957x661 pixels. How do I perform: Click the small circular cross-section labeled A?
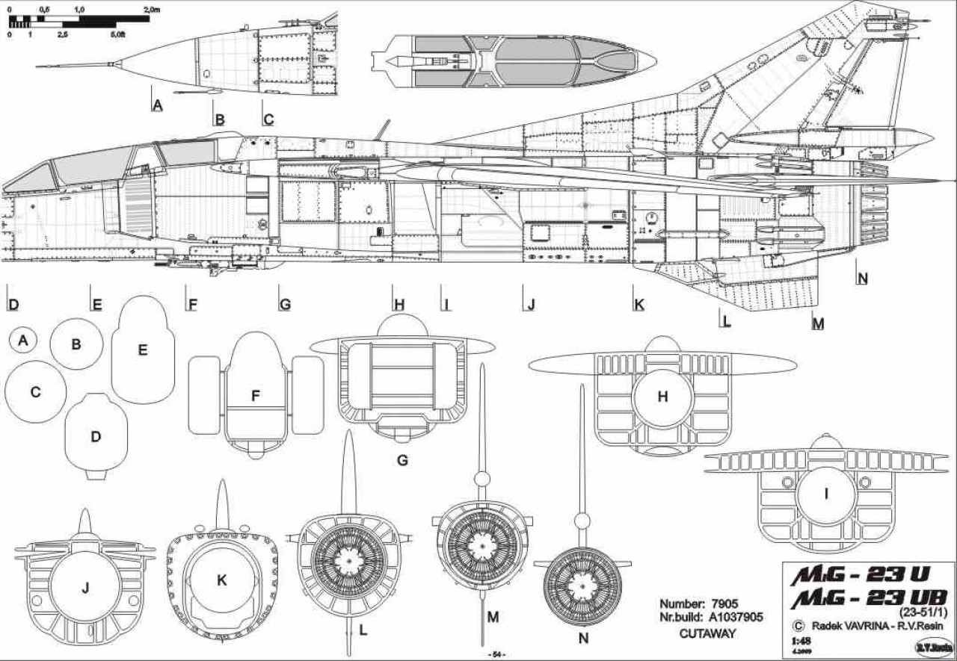tap(24, 341)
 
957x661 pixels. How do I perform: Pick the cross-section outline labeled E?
tap(143, 350)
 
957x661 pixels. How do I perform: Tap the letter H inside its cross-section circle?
tap(662, 397)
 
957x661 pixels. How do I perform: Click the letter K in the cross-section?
tap(221, 580)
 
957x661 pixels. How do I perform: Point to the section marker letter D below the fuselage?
tap(13, 305)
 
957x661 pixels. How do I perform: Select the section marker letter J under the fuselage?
tap(531, 305)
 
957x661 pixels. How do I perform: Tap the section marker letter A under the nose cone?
tap(157, 105)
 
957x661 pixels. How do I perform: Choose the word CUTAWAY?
tap(707, 633)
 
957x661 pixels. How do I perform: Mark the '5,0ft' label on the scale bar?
tap(117, 35)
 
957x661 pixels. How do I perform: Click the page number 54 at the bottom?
tap(496, 654)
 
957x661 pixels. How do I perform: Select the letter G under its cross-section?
tap(402, 460)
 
